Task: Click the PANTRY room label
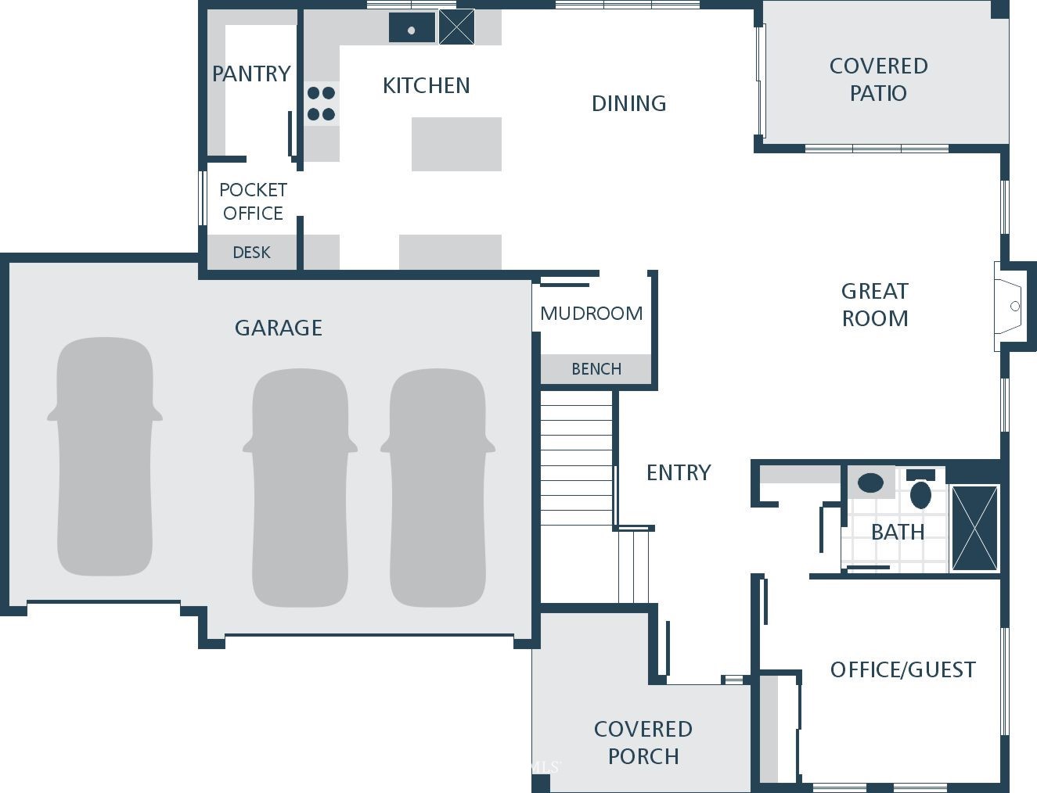(251, 74)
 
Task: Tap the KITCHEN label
(426, 86)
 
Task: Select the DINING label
(628, 103)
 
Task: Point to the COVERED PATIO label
(879, 79)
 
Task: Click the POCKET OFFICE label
(254, 202)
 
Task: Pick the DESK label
(252, 253)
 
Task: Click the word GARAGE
(279, 328)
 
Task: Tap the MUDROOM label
(592, 314)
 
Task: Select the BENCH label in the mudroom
(596, 368)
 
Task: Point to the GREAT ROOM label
(875, 305)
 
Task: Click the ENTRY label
(679, 472)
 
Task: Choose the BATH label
(898, 532)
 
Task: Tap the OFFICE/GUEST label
(903, 669)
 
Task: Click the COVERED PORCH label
(643, 742)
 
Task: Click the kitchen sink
(412, 27)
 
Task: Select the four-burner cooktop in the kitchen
(321, 103)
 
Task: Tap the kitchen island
(456, 144)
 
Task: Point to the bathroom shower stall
(974, 528)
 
